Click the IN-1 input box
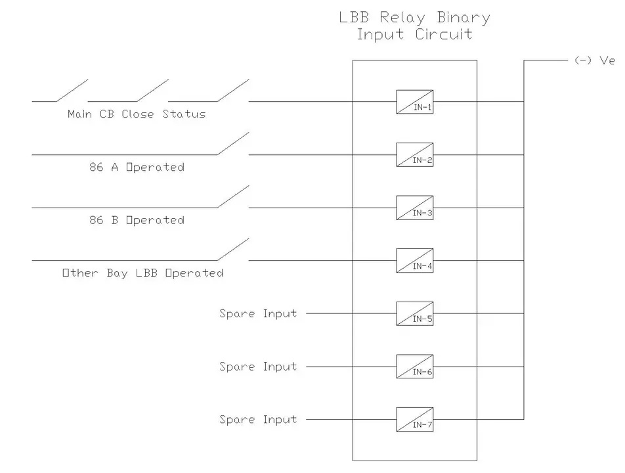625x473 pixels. (x=414, y=102)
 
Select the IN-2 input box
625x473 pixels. (x=414, y=155)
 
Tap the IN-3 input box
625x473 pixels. (x=414, y=208)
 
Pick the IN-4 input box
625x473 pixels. (x=414, y=261)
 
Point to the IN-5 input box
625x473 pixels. (x=414, y=313)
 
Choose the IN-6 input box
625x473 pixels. (x=414, y=367)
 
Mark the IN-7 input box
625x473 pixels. (x=414, y=419)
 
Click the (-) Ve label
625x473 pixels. (x=595, y=60)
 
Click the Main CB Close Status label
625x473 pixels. (x=137, y=114)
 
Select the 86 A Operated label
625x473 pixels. (x=137, y=168)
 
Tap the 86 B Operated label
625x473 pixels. (x=137, y=220)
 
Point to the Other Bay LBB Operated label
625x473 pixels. (x=142, y=273)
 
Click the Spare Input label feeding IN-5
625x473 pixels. (x=258, y=314)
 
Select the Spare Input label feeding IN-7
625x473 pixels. (x=258, y=420)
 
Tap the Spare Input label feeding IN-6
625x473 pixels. (x=258, y=367)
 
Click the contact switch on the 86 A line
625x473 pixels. (x=233, y=145)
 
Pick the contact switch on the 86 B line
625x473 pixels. (x=233, y=197)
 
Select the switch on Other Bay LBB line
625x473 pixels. (x=233, y=250)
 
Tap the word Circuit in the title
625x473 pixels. (x=444, y=35)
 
